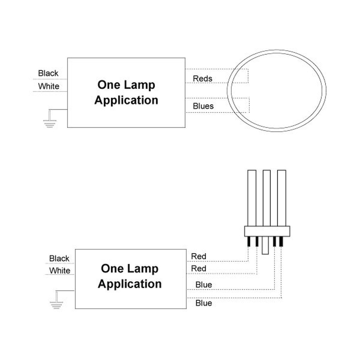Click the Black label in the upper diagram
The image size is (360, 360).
[48, 73]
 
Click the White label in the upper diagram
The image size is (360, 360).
[49, 86]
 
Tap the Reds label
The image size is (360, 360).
[202, 78]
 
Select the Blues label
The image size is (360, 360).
[203, 106]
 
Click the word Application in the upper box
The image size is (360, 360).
[126, 100]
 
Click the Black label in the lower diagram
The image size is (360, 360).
[59, 258]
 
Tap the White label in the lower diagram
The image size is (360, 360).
[59, 271]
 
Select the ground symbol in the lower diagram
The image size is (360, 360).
[56, 304]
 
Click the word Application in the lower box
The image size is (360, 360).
[130, 284]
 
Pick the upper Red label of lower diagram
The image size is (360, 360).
[198, 257]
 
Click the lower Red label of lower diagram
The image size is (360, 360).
[198, 269]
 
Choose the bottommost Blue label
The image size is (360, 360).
[204, 303]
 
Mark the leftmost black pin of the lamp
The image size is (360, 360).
[249, 241]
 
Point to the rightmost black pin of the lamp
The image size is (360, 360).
[281, 241]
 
